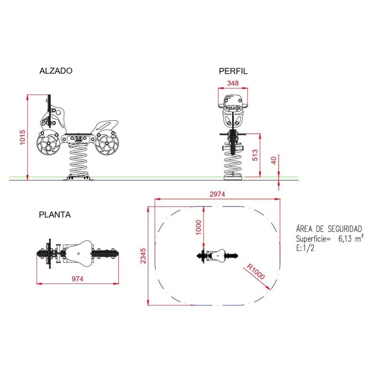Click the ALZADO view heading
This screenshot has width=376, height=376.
56,71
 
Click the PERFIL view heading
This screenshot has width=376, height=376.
233,71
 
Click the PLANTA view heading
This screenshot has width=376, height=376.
55,215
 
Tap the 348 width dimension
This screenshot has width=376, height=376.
233,83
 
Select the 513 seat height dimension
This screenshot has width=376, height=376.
255,155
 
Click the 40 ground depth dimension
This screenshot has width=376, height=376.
274,160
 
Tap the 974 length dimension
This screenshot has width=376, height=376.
77,279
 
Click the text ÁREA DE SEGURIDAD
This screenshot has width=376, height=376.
329,229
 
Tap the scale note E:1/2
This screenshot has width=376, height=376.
305,248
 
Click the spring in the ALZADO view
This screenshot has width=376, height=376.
78,160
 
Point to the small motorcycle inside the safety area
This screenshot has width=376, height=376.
217,255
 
